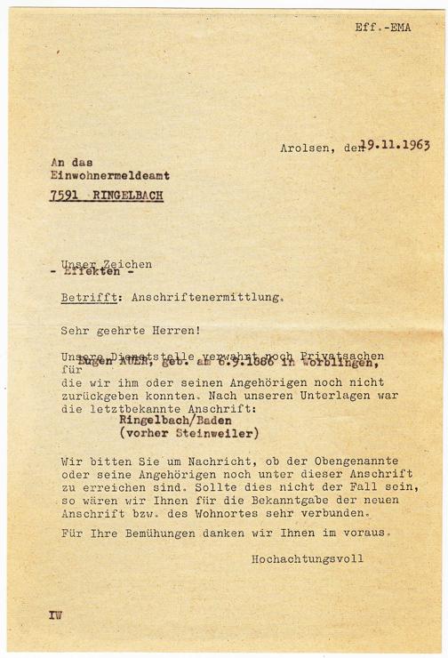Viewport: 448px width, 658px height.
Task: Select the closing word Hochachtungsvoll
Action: [x=308, y=559]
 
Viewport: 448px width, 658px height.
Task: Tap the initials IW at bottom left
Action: [x=57, y=614]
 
